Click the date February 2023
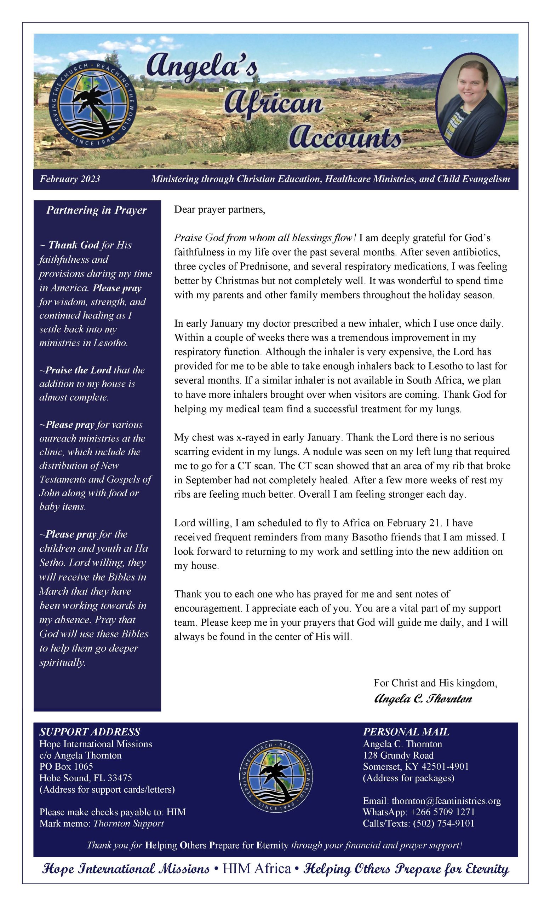pos(70,179)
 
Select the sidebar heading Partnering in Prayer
pos(96,210)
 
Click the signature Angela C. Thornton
pos(423,698)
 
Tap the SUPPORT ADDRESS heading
pos(90,732)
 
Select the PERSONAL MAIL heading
pos(406,732)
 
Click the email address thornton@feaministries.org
pos(446,801)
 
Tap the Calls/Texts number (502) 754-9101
pos(443,823)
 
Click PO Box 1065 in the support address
pos(66,766)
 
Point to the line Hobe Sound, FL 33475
pos(86,778)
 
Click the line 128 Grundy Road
pos(398,755)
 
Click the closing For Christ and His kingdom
pos(435,683)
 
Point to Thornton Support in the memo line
pos(128,823)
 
